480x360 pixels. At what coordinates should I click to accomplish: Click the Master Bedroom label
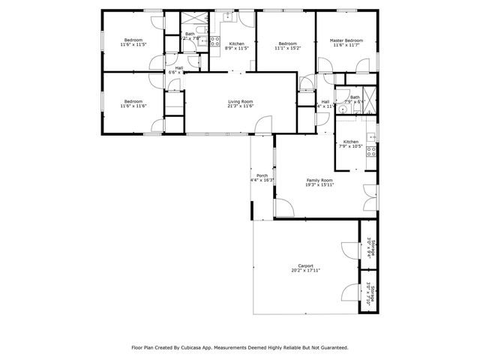[x=347, y=40]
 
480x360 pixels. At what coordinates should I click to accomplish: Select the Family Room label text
[x=319, y=181]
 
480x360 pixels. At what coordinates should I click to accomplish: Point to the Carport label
[x=305, y=265]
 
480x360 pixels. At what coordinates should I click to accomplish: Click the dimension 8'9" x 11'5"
[x=236, y=49]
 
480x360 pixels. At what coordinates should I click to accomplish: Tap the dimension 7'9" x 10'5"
[x=351, y=146]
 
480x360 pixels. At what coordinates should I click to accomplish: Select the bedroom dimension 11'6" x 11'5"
[x=133, y=45]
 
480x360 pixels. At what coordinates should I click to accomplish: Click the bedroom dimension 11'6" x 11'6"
[x=133, y=106]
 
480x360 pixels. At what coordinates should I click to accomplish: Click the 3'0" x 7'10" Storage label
[x=369, y=294]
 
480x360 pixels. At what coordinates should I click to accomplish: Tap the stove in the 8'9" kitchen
[x=214, y=41]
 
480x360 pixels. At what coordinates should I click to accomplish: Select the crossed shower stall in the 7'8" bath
[x=192, y=17]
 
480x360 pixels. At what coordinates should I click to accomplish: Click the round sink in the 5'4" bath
[x=342, y=109]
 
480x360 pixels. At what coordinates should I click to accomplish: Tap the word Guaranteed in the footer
[x=332, y=347]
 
